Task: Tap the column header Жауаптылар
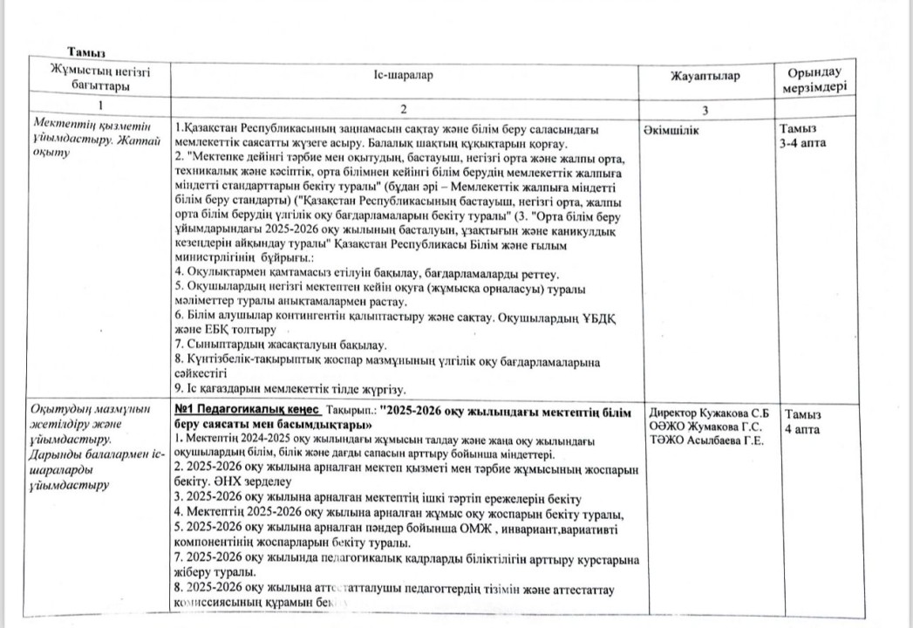pyautogui.click(x=705, y=77)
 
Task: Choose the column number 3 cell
pyautogui.click(x=705, y=110)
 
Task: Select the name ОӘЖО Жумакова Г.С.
pyautogui.click(x=705, y=426)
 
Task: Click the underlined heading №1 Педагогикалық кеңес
pyautogui.click(x=248, y=409)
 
